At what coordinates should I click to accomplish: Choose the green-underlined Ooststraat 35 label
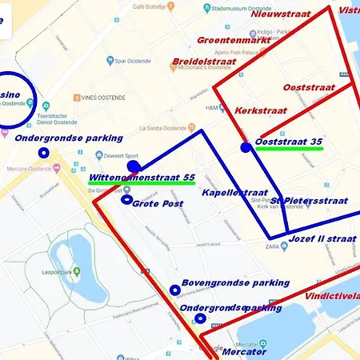(289, 142)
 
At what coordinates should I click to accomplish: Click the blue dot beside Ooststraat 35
(246, 147)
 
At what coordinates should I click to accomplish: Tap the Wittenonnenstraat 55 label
(142, 177)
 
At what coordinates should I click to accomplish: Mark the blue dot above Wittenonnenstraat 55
(134, 166)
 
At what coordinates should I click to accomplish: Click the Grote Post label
(158, 203)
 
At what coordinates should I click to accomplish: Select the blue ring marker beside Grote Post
(126, 198)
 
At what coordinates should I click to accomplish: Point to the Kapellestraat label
(234, 193)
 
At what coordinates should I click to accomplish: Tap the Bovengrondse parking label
(235, 282)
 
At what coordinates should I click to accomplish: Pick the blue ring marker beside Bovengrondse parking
(175, 290)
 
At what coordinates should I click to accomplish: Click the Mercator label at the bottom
(244, 351)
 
